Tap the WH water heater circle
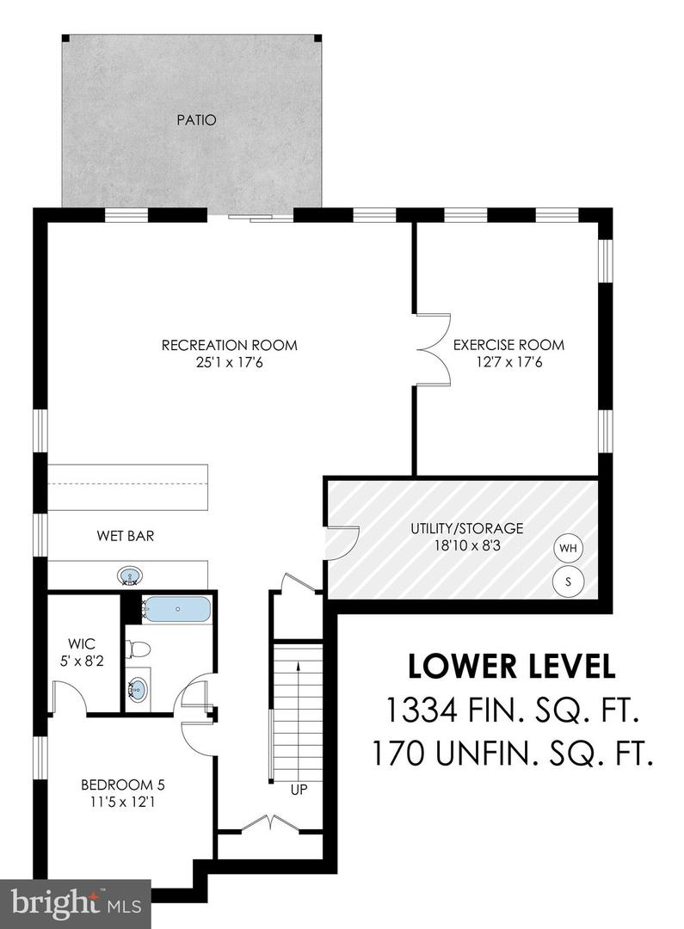568,548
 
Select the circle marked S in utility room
568,580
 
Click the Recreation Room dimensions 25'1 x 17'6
229,362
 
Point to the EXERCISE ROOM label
508,345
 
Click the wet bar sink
129,575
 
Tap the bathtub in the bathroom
176,609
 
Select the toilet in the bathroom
141,648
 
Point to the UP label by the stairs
298,789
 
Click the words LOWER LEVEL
511,667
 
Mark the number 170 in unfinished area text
404,754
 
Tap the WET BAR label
125,536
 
